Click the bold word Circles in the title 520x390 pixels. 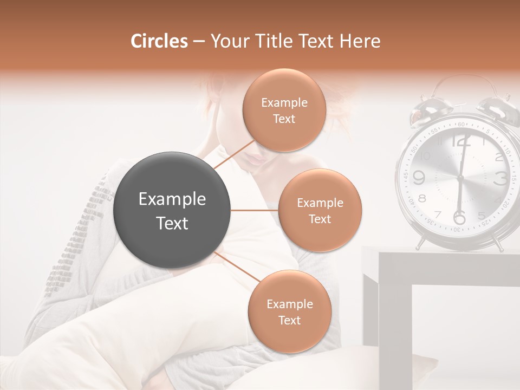click(x=159, y=41)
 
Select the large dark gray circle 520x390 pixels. click(x=172, y=210)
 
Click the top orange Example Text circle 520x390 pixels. click(x=284, y=110)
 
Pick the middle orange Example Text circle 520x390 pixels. click(x=320, y=210)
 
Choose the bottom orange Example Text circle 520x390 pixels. click(x=289, y=311)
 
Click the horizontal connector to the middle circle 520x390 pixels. click(x=254, y=210)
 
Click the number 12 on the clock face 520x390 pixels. click(x=461, y=142)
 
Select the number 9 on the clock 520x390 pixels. click(x=419, y=177)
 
